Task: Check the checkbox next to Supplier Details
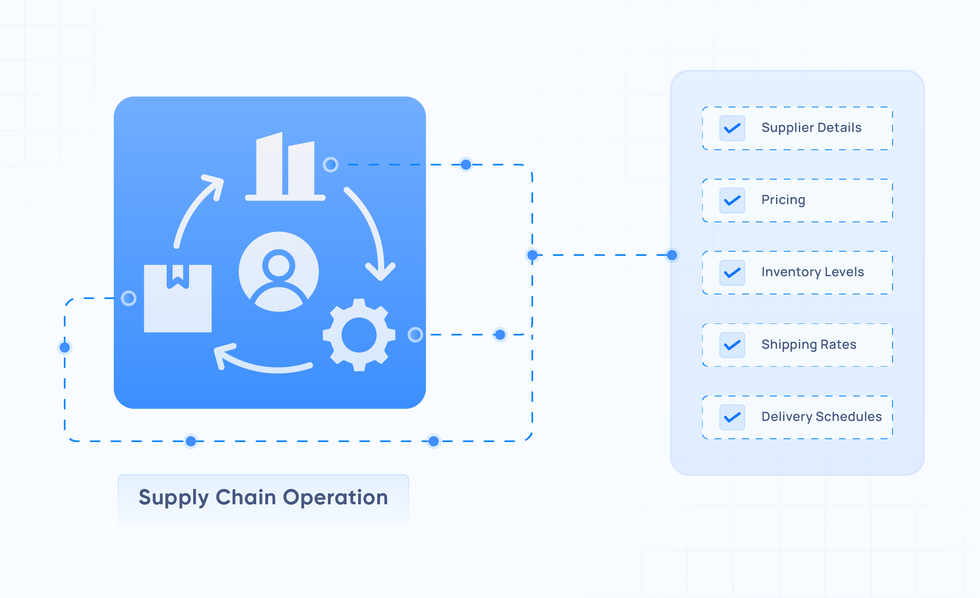coord(732,128)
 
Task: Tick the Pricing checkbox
coord(732,200)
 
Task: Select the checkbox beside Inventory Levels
coord(732,272)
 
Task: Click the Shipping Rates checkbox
coord(732,345)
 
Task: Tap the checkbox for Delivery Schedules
coord(732,417)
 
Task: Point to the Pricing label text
coord(783,200)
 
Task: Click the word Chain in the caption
coord(245,497)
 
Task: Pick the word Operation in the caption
coord(335,497)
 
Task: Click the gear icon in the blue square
coord(359,335)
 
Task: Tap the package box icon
coord(177,299)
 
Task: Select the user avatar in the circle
coord(279,272)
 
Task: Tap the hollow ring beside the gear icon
coord(415,334)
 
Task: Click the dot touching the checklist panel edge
coord(672,255)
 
